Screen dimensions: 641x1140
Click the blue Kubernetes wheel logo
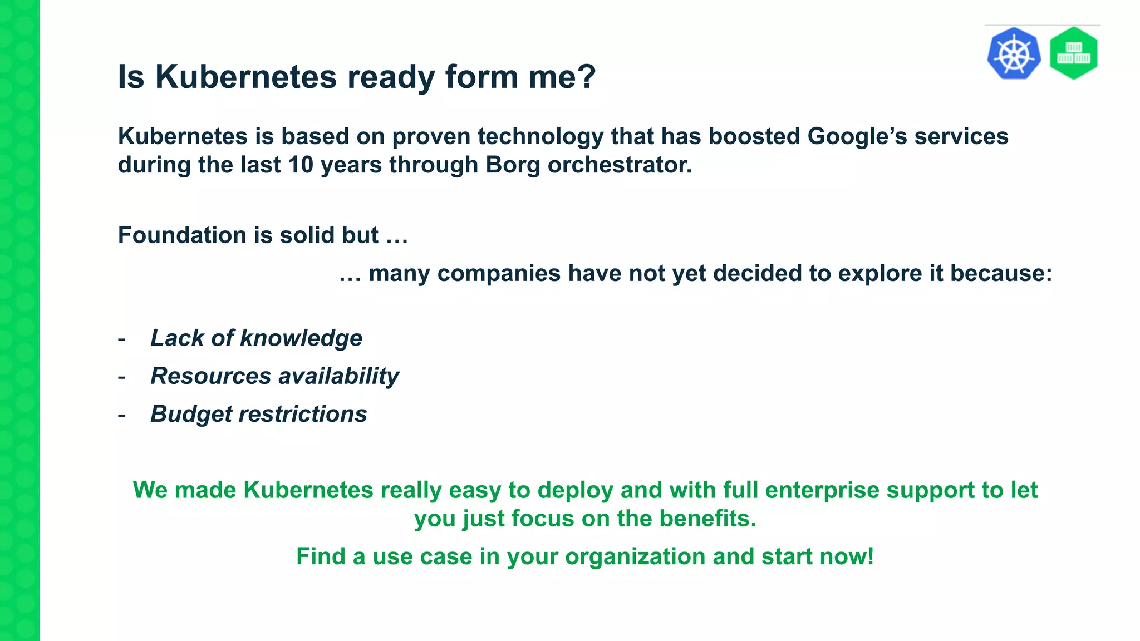click(1014, 53)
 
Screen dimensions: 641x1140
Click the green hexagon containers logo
click(1073, 53)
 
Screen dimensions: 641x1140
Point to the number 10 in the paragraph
click(301, 165)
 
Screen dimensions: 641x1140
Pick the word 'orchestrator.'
click(620, 165)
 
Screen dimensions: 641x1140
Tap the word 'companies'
click(499, 274)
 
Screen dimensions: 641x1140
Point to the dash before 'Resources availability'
click(121, 377)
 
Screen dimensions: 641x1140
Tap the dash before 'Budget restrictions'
click(121, 415)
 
